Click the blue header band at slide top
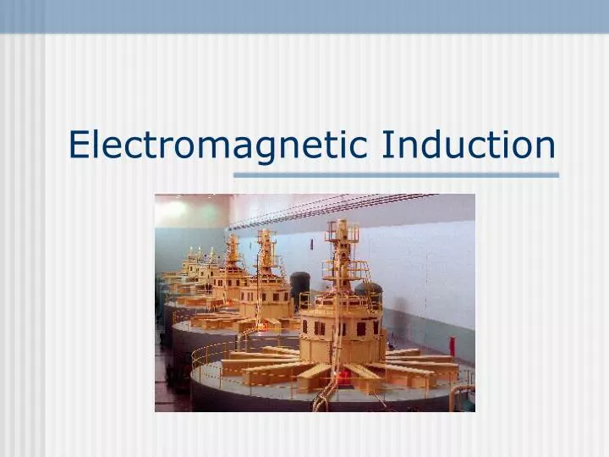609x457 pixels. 304,15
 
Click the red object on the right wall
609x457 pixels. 451,345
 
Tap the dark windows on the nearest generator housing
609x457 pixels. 338,328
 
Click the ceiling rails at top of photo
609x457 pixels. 338,207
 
